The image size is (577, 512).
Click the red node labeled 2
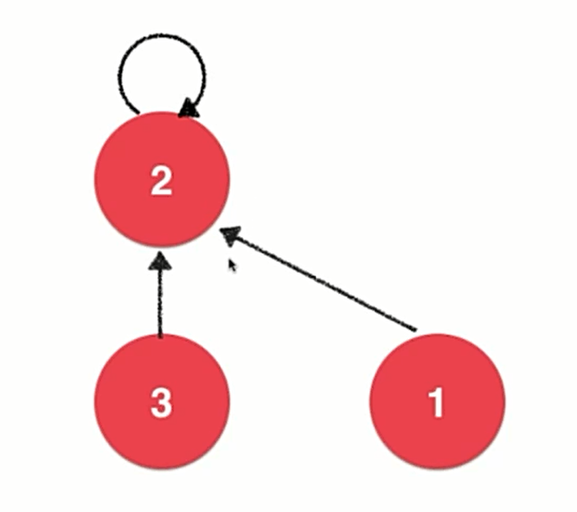tap(162, 179)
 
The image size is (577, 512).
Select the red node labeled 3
tap(162, 402)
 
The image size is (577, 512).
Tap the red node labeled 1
tap(437, 402)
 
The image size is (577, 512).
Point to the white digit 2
tap(162, 181)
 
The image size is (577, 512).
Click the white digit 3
tap(162, 403)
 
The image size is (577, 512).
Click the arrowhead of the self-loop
tap(188, 107)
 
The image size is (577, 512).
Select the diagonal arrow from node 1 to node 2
tap(320, 280)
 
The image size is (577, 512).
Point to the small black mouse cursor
tap(231, 264)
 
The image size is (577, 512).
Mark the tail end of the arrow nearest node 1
tap(415, 330)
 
